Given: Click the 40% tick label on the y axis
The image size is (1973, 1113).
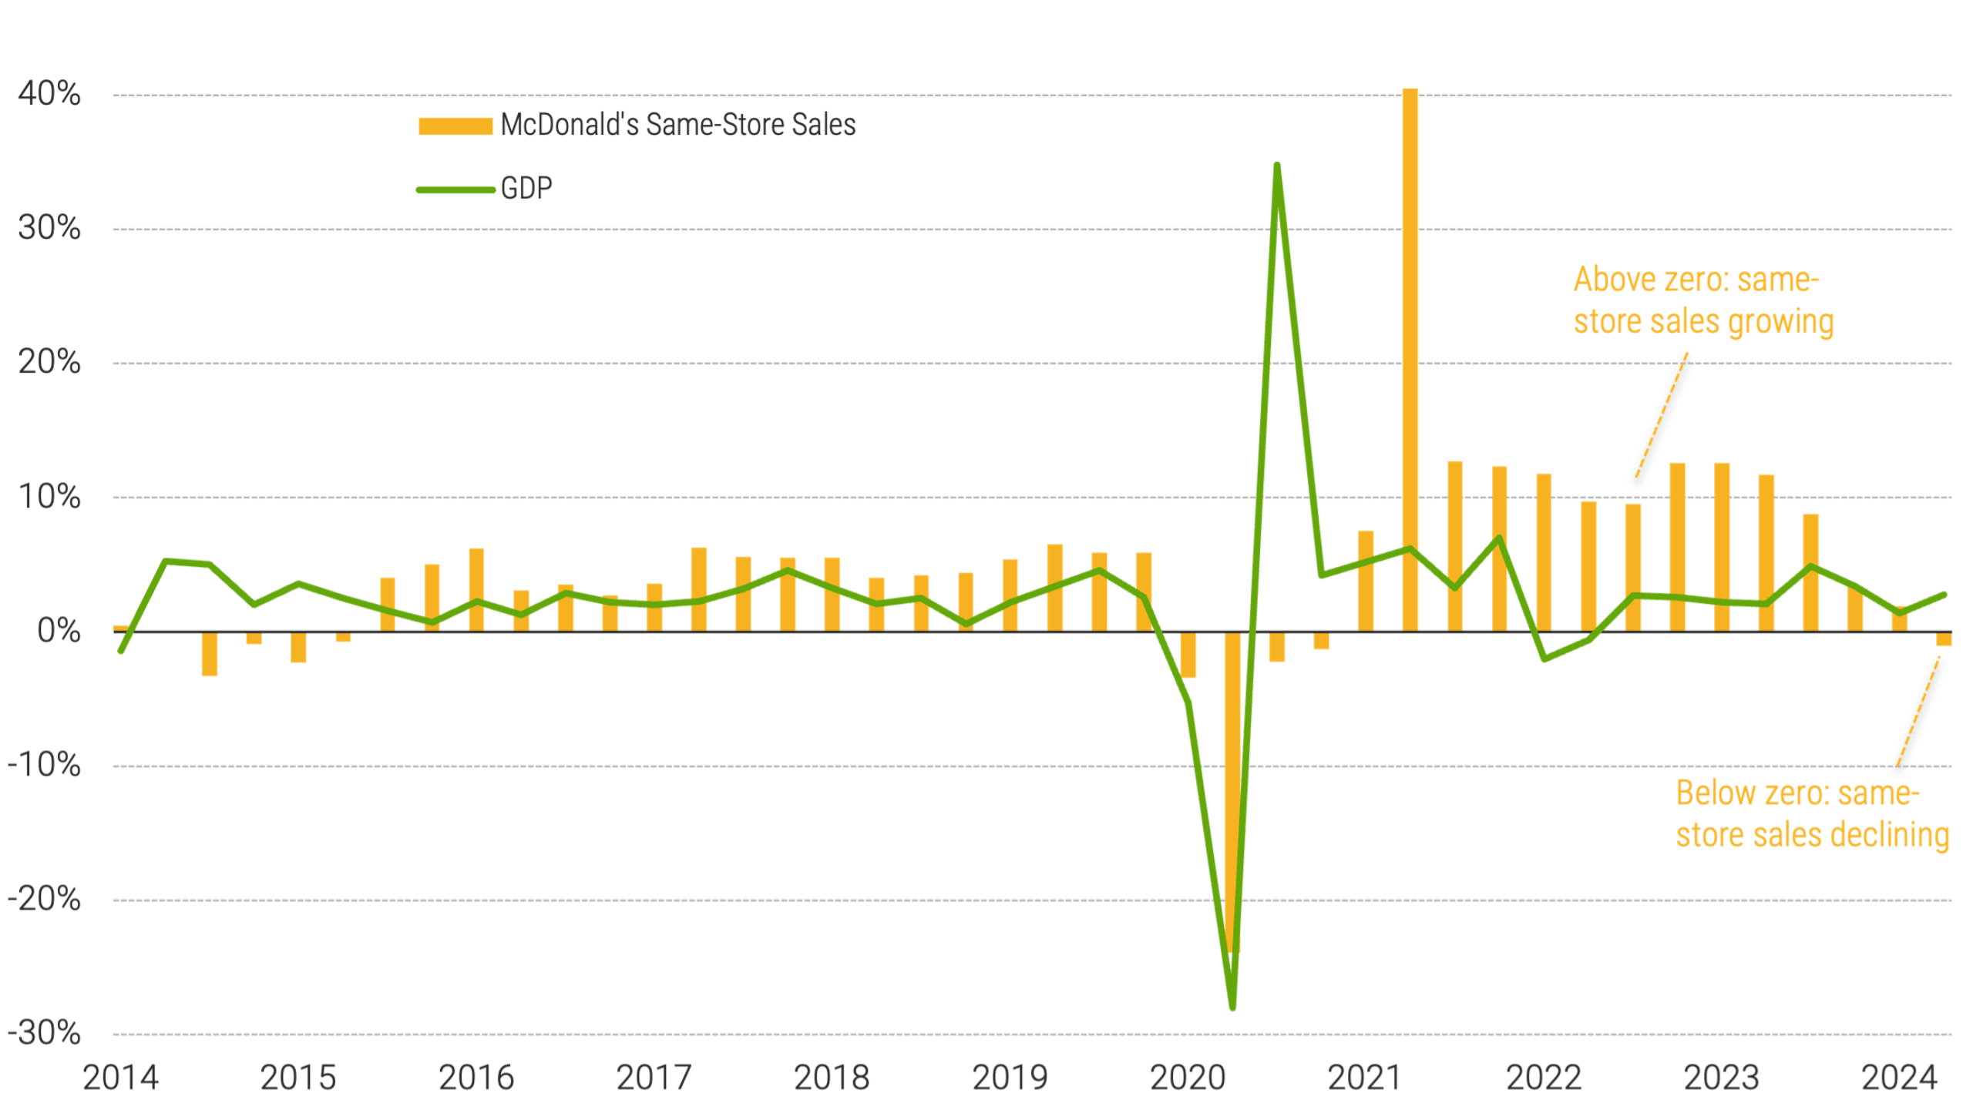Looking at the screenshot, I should coord(49,95).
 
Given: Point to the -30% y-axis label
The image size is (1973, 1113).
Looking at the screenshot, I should coord(44,1034).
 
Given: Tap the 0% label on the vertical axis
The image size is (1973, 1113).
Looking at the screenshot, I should coord(59,632).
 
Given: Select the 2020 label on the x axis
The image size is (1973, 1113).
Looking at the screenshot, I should coord(1188,1078).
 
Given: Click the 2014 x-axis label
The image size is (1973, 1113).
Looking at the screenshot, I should coord(120,1078).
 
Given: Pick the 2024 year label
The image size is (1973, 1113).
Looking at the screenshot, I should coord(1899,1078).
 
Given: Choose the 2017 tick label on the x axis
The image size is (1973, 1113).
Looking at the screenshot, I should coord(654,1078).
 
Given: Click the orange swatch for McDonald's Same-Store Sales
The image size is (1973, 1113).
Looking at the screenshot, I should coord(455,126).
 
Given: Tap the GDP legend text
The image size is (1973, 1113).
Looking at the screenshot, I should coord(527,189).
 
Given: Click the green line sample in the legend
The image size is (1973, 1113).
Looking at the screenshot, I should coord(455,189).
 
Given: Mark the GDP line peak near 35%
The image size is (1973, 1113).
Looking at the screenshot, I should coord(1277,166).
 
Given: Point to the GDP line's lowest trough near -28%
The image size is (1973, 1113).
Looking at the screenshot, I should coord(1233,1006).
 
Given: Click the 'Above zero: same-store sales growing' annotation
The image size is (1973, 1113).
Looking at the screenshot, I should coord(1702,301).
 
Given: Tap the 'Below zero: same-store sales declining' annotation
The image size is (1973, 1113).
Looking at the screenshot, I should coord(1812,814).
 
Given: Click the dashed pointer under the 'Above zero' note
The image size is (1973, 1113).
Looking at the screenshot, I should coord(1662,420).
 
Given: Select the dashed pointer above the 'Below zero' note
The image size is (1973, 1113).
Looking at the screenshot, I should coord(1918,712).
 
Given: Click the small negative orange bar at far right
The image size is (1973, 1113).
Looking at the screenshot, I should coord(1944,639).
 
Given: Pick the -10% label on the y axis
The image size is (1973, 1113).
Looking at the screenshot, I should coord(44,766).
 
